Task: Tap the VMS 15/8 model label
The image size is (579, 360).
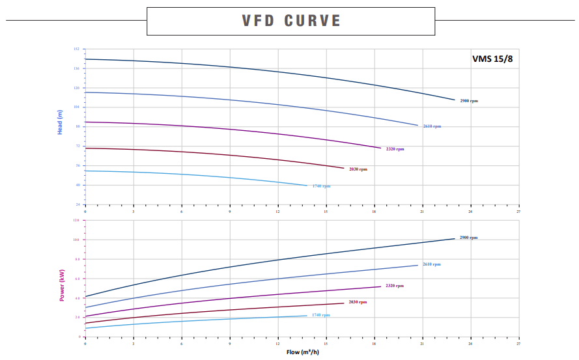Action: (x=492, y=59)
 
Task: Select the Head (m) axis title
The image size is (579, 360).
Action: (x=60, y=122)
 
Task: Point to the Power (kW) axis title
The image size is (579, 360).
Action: (x=62, y=284)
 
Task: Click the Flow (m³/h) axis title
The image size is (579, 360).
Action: (x=302, y=352)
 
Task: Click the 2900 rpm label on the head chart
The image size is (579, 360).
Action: (x=469, y=101)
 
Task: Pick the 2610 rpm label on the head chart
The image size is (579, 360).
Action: (x=432, y=126)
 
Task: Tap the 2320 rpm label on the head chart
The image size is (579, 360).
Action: (x=395, y=149)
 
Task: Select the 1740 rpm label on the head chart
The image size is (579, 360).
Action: (x=321, y=186)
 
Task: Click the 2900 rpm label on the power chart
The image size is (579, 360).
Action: (x=468, y=238)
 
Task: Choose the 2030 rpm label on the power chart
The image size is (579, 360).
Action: (x=358, y=302)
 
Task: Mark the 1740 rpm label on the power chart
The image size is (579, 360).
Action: (x=320, y=315)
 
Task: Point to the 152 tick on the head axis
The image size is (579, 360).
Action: (x=76, y=49)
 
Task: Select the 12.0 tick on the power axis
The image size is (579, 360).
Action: (x=76, y=220)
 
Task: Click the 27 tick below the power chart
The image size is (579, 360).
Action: (x=518, y=342)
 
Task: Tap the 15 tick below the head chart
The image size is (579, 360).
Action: (x=326, y=212)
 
